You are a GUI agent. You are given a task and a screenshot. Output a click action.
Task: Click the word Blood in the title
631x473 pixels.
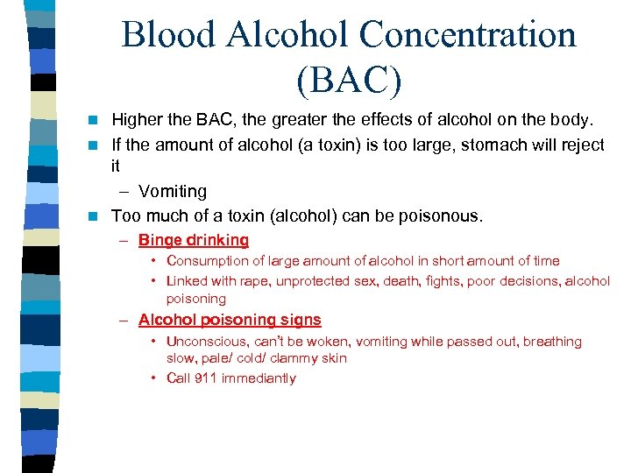[x=168, y=35]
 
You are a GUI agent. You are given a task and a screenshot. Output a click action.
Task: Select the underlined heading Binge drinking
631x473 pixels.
[x=194, y=240]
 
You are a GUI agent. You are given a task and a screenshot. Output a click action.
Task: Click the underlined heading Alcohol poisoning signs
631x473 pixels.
[x=230, y=321]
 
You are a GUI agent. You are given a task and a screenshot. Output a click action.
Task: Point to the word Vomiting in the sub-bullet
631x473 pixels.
[x=173, y=191]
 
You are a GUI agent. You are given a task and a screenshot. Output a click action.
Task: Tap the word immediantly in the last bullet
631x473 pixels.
[x=259, y=378]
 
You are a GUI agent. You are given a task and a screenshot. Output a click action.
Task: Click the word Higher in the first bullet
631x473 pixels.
[x=136, y=119]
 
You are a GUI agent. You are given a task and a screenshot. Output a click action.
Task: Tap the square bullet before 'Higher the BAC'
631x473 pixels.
[x=99, y=120]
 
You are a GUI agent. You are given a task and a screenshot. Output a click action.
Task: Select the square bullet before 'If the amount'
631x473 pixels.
[x=99, y=144]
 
